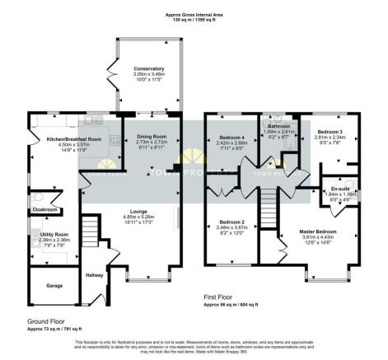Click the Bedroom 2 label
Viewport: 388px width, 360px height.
[x=223, y=222]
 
